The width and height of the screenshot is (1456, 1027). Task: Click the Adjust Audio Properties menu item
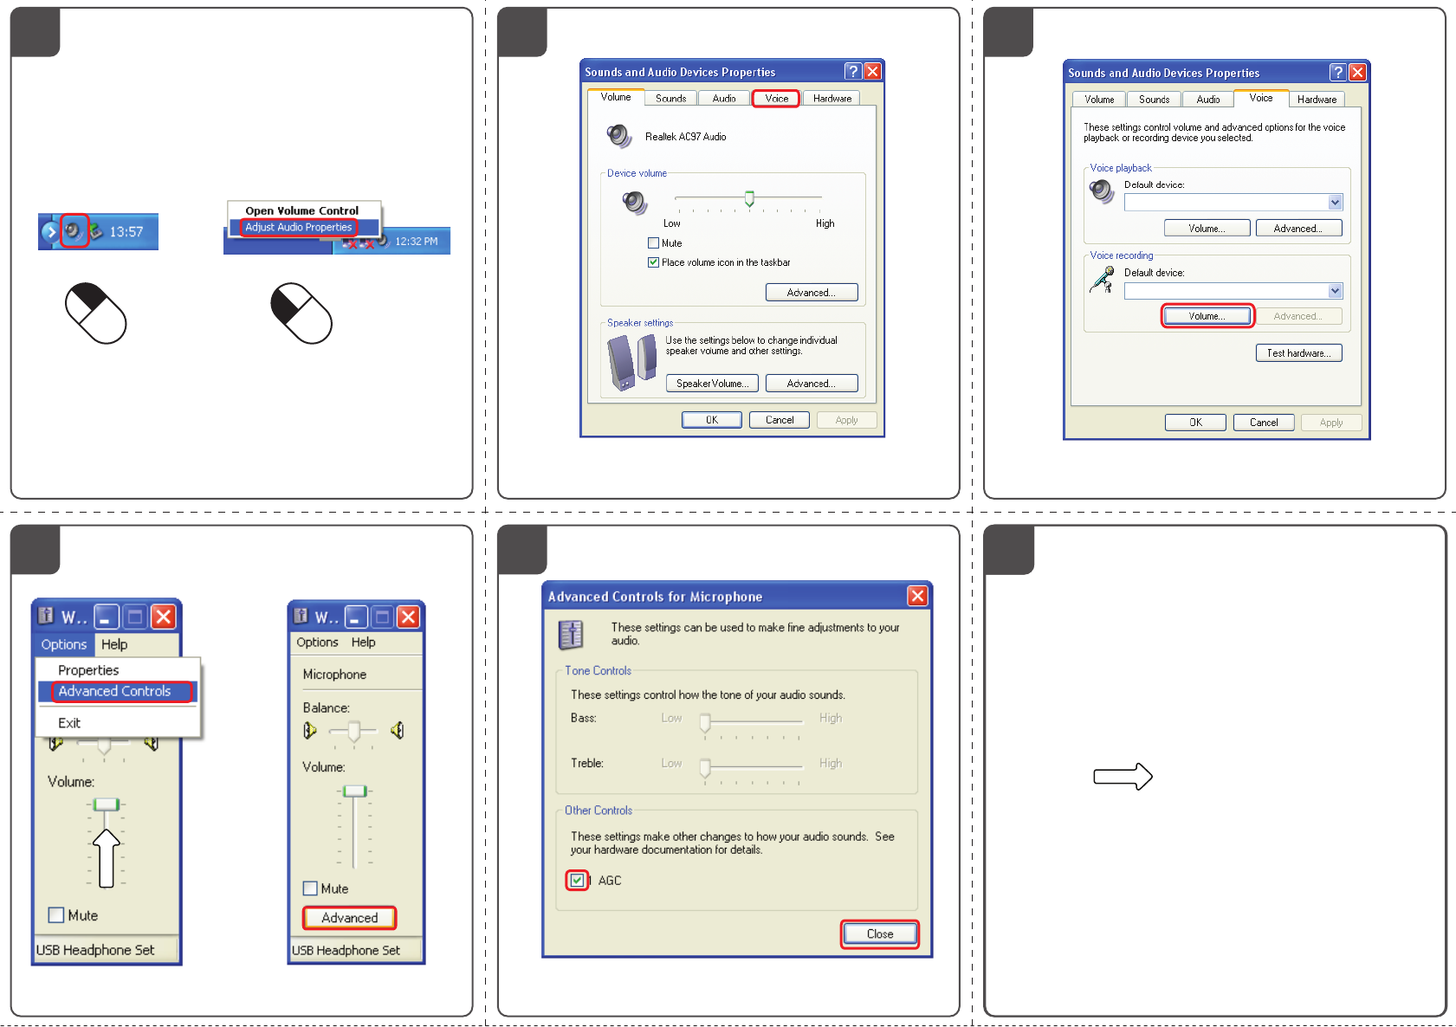click(x=298, y=227)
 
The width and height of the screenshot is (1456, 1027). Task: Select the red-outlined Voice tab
click(x=776, y=98)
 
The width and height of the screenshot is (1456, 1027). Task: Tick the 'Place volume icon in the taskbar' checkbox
click(x=653, y=262)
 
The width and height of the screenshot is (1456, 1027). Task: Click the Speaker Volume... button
click(x=712, y=384)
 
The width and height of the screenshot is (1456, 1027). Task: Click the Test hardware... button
click(x=1298, y=353)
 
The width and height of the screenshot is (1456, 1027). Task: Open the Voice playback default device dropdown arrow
click(x=1335, y=202)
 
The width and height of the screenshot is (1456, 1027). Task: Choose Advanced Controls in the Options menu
click(x=115, y=691)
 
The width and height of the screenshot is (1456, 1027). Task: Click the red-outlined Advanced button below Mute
click(x=350, y=917)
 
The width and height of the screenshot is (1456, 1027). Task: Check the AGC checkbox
click(x=577, y=880)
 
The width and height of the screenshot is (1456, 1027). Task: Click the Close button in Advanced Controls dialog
click(x=879, y=934)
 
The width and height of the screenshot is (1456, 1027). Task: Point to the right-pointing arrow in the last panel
click(x=1123, y=776)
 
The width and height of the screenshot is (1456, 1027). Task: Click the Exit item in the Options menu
click(x=69, y=723)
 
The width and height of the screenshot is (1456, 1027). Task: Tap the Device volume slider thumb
click(x=749, y=198)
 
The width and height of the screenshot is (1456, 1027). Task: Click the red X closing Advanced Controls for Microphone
click(x=917, y=596)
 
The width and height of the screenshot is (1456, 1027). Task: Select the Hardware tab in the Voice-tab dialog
click(x=1317, y=100)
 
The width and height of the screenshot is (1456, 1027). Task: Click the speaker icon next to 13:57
click(x=74, y=230)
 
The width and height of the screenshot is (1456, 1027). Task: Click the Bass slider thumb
click(x=704, y=722)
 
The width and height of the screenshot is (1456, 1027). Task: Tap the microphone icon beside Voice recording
click(x=1103, y=280)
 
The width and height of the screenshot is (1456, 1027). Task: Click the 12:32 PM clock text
click(x=416, y=241)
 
